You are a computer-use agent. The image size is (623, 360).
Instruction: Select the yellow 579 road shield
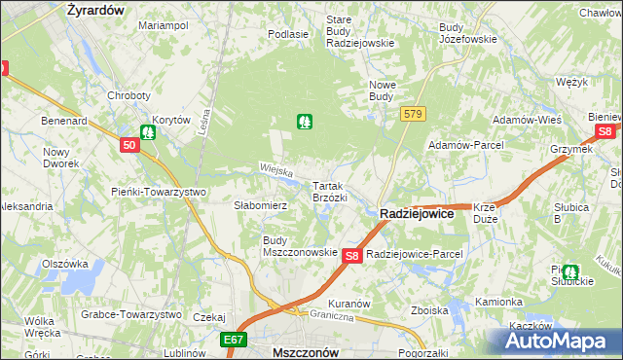[x=413, y=115]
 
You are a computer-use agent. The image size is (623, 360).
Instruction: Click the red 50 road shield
[x=130, y=145]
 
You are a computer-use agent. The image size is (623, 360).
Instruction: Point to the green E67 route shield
[x=233, y=341]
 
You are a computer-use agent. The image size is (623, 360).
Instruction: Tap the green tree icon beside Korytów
[x=148, y=131]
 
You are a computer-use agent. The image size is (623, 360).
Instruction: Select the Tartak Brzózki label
[x=329, y=191]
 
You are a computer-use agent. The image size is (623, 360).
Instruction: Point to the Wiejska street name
[x=276, y=171]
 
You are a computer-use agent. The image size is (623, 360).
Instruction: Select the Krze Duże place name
[x=487, y=213]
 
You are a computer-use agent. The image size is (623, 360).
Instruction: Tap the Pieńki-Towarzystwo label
[x=158, y=192]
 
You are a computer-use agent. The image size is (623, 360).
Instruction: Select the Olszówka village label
[x=65, y=264]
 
